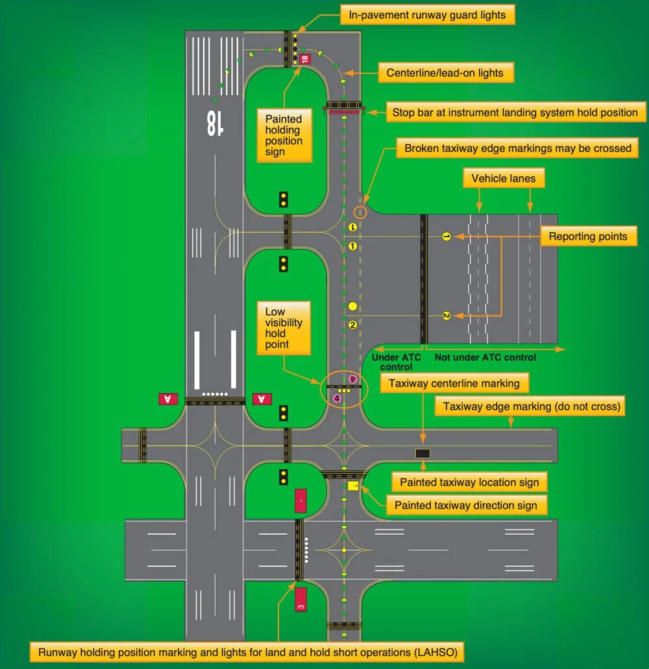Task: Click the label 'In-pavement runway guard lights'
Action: [427, 15]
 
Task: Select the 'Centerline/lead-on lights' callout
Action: [445, 73]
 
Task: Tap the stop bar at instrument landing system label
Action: [515, 112]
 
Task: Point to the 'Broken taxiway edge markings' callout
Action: [517, 148]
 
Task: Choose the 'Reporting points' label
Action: [588, 237]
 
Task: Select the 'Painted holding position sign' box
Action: [284, 135]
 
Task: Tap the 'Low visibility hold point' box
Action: [284, 328]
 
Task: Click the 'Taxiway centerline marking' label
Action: [454, 383]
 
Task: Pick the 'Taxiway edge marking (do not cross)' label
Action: [532, 407]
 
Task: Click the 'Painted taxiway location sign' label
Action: [469, 482]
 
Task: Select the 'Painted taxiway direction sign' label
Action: [466, 506]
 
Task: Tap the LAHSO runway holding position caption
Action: [247, 652]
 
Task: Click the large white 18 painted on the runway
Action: [212, 123]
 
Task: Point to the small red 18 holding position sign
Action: [304, 58]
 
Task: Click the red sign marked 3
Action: [300, 599]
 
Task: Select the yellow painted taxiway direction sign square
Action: [353, 486]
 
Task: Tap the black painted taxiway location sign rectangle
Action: [422, 454]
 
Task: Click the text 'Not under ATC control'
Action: [485, 357]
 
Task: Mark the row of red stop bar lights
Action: [343, 113]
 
